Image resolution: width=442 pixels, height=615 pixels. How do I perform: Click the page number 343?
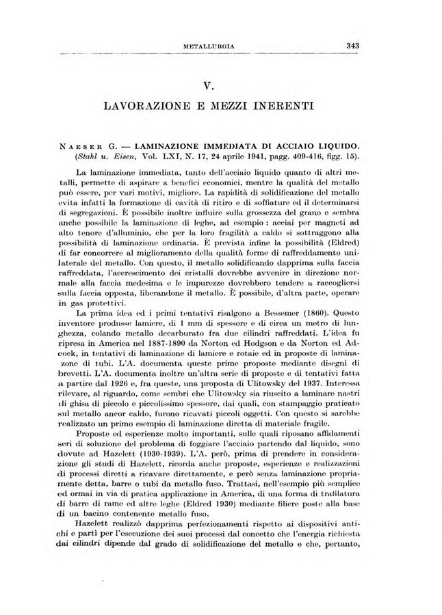pos(352,46)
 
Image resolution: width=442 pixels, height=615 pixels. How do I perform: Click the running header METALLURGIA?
pos(210,46)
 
